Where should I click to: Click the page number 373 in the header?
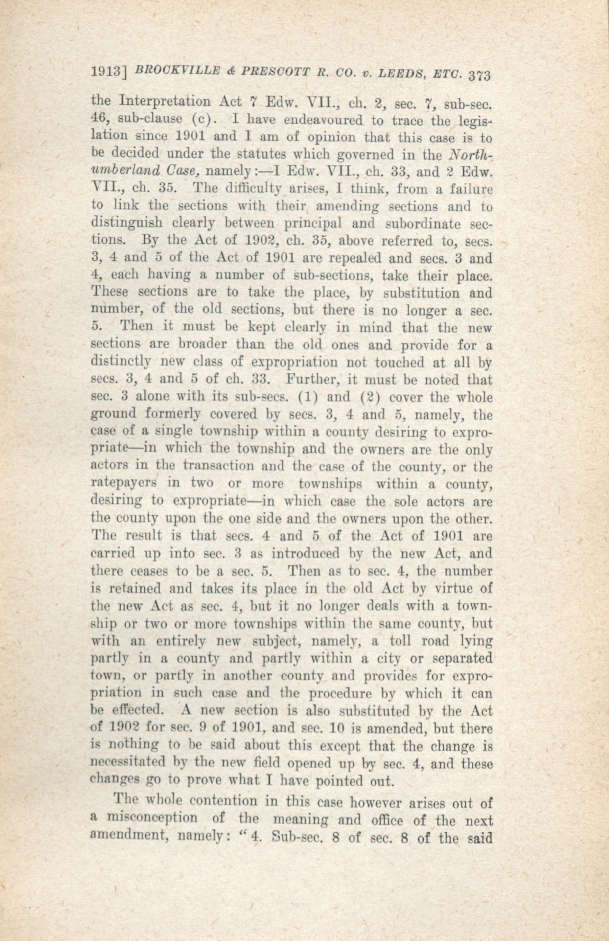[479, 75]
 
